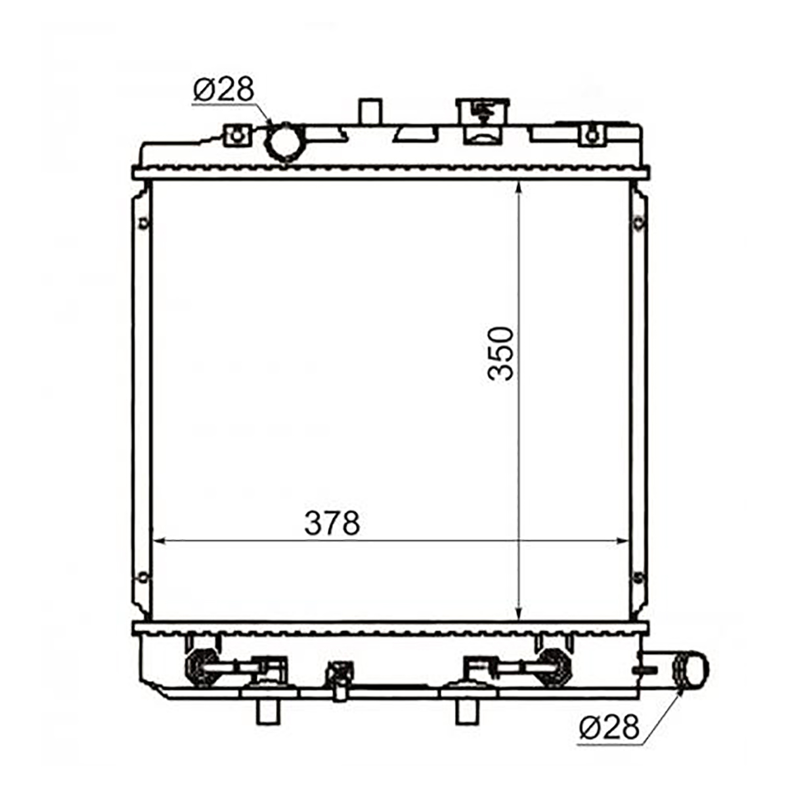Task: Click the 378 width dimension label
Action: pos(332,523)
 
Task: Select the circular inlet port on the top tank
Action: pos(285,142)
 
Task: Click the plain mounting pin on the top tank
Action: pos(370,111)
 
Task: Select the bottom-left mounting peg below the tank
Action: pos(269,713)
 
